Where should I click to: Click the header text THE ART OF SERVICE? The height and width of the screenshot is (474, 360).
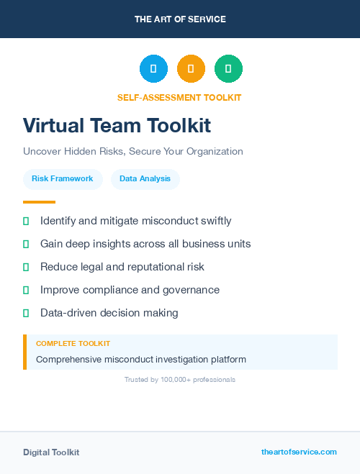[180, 19]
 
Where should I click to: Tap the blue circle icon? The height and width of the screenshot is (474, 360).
[153, 69]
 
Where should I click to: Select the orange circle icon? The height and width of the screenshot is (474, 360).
[191, 69]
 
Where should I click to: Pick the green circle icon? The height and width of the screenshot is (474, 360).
[228, 69]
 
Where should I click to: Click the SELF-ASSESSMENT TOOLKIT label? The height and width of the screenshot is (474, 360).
[179, 97]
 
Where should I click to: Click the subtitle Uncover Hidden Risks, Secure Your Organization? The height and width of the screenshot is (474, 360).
[133, 152]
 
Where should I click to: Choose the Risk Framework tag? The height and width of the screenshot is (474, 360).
[62, 178]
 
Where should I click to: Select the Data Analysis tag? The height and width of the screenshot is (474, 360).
[145, 178]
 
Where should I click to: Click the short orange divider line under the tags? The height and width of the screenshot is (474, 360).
[39, 202]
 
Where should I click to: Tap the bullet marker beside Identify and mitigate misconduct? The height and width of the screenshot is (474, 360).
[26, 221]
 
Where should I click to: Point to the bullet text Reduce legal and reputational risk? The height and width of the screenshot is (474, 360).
[122, 267]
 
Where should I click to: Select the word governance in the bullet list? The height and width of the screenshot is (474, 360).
[192, 290]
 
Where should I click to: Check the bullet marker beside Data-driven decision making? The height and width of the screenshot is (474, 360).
[26, 313]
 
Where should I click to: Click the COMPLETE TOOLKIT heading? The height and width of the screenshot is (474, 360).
[73, 344]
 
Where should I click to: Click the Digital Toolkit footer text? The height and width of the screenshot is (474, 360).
[51, 452]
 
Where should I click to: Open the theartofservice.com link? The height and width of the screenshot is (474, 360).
[299, 452]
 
